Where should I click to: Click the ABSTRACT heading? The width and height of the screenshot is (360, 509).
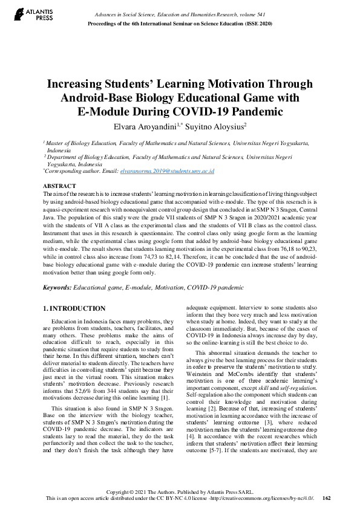[x=60, y=186]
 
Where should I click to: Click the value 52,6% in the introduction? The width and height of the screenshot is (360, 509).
[x=108, y=390]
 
